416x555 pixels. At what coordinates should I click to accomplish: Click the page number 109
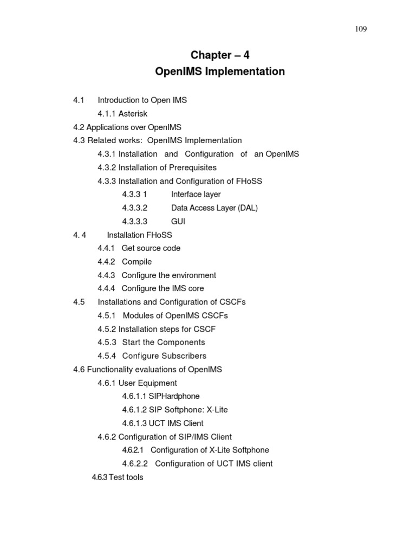tap(361, 29)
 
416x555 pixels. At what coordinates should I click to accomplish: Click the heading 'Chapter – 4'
tap(220, 55)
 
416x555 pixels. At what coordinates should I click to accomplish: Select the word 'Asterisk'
tap(133, 114)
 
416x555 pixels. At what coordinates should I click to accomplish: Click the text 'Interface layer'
tap(196, 194)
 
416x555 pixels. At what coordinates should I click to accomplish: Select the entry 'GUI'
tap(178, 221)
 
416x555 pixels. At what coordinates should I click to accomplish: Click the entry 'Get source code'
tap(151, 248)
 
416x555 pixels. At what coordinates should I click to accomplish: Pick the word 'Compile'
tap(136, 262)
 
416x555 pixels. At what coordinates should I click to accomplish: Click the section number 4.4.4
tap(106, 289)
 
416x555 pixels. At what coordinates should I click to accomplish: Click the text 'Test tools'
tap(126, 477)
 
